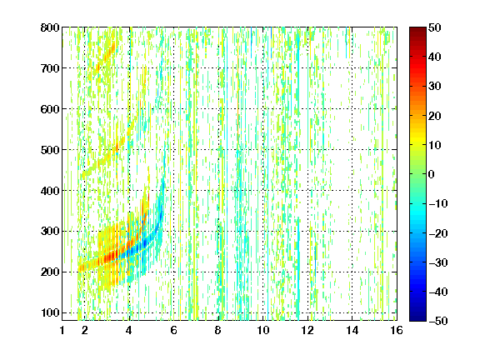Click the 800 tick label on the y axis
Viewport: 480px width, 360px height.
click(50, 27)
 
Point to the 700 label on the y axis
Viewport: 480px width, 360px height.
click(50, 68)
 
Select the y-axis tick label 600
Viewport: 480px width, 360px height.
click(50, 109)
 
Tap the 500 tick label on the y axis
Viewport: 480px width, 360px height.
click(50, 150)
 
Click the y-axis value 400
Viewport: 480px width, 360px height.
click(50, 191)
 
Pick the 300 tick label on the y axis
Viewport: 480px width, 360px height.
click(50, 232)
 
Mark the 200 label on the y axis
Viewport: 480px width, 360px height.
click(50, 272)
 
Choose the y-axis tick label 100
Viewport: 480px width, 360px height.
click(50, 312)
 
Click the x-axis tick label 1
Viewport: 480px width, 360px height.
click(62, 330)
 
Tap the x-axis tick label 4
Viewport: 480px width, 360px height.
click(129, 330)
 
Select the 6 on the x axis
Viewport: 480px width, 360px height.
click(173, 330)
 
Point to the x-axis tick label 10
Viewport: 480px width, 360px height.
click(263, 330)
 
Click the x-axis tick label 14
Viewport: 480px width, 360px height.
click(352, 330)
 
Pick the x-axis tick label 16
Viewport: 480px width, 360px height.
click(397, 330)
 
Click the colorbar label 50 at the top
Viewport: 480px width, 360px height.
click(434, 27)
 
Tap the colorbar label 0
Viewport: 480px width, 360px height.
click(432, 174)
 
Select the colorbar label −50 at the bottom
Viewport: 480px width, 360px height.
click(438, 321)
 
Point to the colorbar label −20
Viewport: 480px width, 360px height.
click(438, 233)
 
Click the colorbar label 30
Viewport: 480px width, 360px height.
click(434, 87)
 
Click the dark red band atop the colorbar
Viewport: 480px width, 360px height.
click(417, 33)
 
